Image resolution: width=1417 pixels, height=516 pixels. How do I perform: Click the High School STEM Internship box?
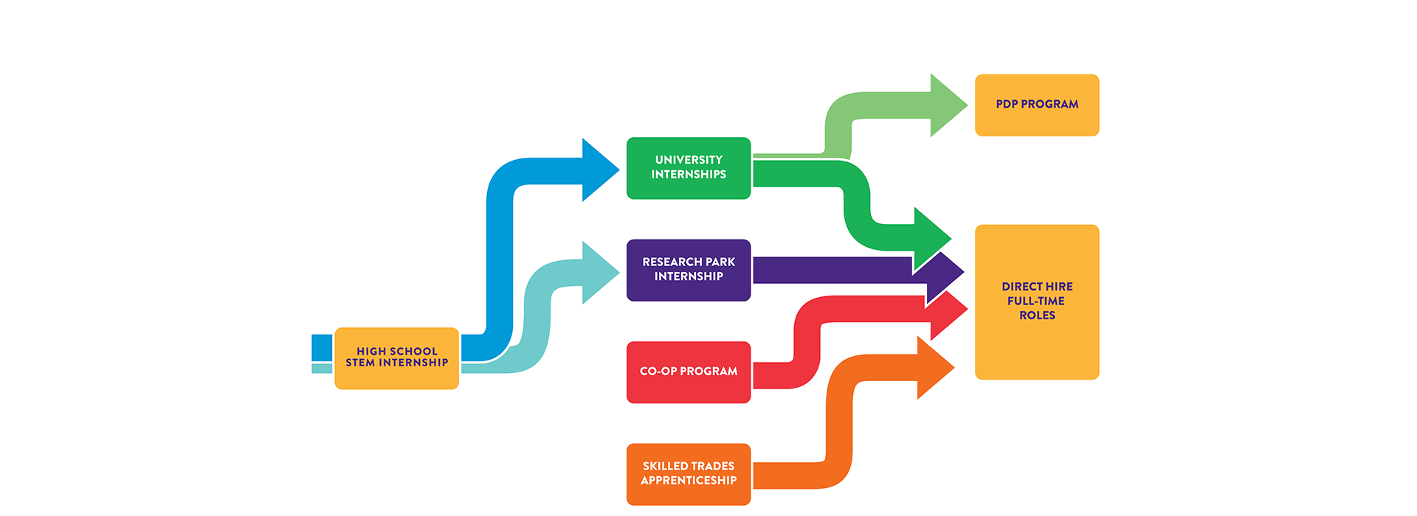pyautogui.click(x=396, y=358)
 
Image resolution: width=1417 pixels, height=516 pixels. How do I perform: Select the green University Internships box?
pyautogui.click(x=689, y=168)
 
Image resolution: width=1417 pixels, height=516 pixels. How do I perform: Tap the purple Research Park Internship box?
pyautogui.click(x=689, y=270)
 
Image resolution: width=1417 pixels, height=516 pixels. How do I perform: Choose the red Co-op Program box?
pyautogui.click(x=689, y=372)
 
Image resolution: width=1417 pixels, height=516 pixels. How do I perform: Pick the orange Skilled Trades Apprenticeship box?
pyautogui.click(x=689, y=474)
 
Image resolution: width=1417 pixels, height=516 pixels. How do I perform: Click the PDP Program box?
pyautogui.click(x=1037, y=105)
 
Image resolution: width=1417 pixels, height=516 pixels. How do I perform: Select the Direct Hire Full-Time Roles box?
pyautogui.click(x=1037, y=301)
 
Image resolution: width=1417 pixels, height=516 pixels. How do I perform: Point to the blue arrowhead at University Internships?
pyautogui.click(x=599, y=170)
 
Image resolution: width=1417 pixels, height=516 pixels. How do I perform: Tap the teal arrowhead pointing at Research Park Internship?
pyautogui.click(x=599, y=273)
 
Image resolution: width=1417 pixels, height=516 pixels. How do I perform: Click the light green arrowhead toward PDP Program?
pyautogui.click(x=947, y=105)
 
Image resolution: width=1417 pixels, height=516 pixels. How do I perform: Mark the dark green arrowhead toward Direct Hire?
pyautogui.click(x=931, y=237)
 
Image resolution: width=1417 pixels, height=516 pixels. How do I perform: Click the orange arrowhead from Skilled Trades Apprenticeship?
pyautogui.click(x=934, y=368)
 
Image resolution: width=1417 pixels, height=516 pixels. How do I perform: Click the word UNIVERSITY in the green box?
pyautogui.click(x=689, y=160)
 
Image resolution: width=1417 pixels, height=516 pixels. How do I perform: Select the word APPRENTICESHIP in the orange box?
pyautogui.click(x=689, y=481)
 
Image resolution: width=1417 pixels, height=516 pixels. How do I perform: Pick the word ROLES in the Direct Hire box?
pyautogui.click(x=1037, y=315)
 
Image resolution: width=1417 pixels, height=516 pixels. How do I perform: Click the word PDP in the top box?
pyautogui.click(x=1007, y=105)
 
